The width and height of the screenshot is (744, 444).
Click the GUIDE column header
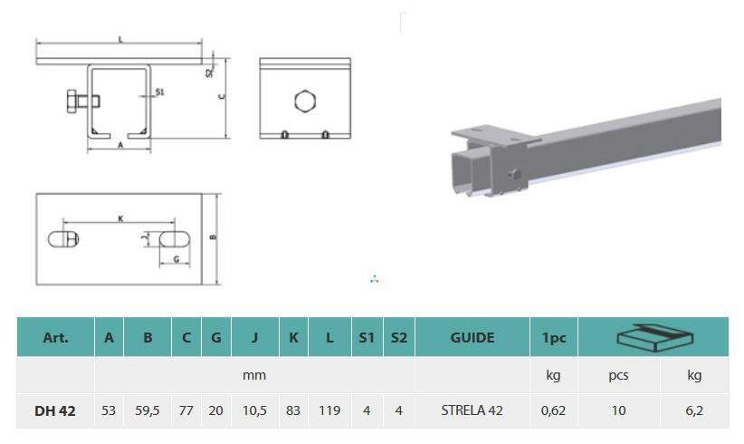tap(472, 338)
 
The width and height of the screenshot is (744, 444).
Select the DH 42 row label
tap(55, 410)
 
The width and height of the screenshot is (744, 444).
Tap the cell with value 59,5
tap(148, 410)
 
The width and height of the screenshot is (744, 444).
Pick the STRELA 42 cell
tap(472, 410)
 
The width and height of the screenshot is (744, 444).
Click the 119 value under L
tap(329, 410)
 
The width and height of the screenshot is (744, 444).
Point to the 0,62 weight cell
tap(553, 410)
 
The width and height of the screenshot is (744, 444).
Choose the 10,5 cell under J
tap(254, 410)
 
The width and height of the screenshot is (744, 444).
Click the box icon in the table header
tap(654, 338)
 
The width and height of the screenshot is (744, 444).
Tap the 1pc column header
tap(554, 338)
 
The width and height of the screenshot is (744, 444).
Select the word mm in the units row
tap(254, 376)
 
